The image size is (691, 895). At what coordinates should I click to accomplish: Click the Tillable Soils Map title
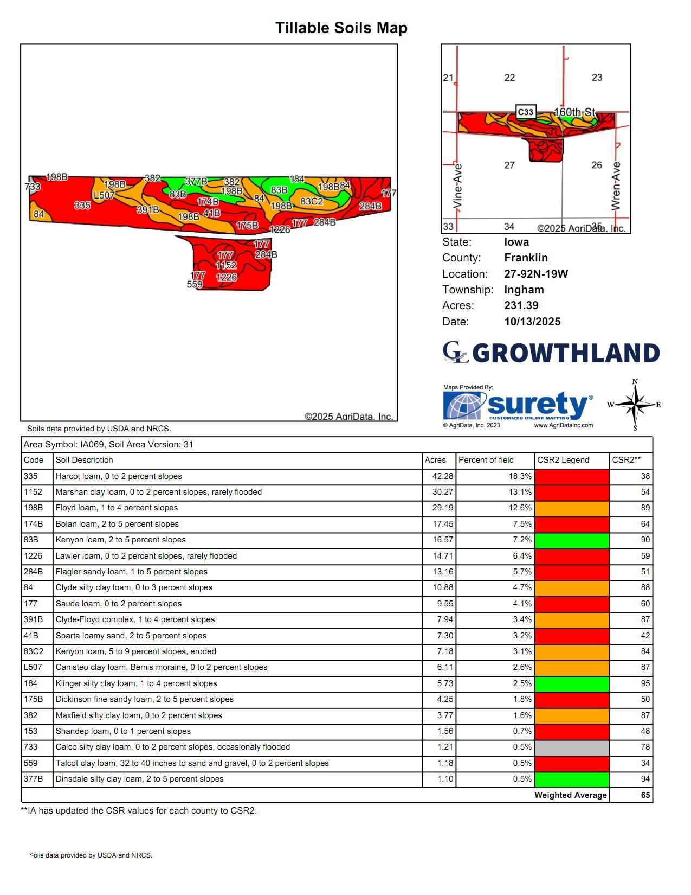pos(341,28)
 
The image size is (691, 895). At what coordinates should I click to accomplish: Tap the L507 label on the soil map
pos(104,195)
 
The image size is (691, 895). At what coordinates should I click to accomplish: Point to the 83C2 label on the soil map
pos(312,201)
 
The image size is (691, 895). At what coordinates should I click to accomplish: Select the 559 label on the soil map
pos(195,284)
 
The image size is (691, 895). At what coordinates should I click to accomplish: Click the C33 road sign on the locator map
pos(526,112)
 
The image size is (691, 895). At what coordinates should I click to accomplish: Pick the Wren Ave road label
pos(616,186)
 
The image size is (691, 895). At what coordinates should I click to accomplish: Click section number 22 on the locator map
pos(509,78)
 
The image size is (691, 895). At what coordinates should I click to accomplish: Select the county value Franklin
pos(526,258)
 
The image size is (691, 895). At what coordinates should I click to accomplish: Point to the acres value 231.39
pos(521,305)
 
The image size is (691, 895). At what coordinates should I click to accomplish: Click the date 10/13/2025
pos(532,322)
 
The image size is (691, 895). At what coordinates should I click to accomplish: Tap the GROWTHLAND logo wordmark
pos(566,353)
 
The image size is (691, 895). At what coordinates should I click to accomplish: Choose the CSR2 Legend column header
pos(563,460)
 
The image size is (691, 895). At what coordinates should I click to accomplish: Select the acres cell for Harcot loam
pos(440,476)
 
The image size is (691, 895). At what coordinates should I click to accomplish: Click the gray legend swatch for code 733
pos(572,747)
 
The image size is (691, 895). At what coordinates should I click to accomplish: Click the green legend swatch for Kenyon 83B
pos(572,540)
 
